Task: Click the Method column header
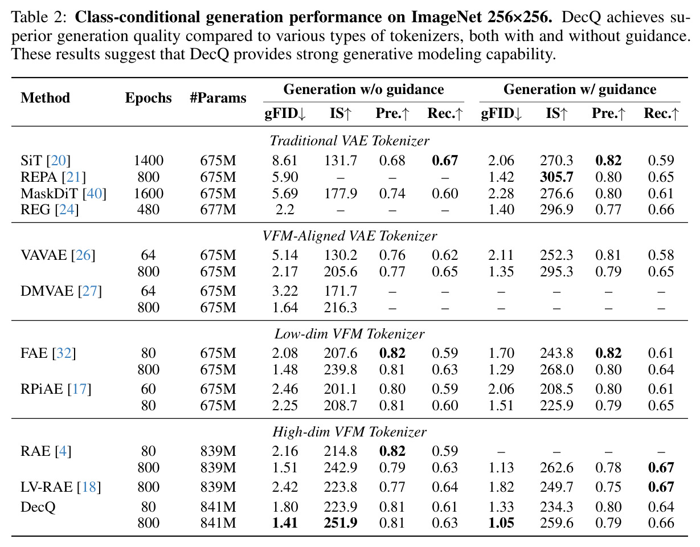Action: tap(45, 97)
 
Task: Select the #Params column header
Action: tap(218, 97)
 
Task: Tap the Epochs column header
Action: tap(148, 98)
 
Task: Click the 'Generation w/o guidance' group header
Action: tap(363, 89)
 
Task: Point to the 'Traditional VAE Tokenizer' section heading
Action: tap(350, 141)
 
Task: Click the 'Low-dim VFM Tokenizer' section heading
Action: tap(350, 334)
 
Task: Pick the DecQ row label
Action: tap(38, 507)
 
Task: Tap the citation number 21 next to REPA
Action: tap(74, 177)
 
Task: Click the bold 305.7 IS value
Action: tap(556, 177)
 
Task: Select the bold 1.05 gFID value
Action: tap(501, 522)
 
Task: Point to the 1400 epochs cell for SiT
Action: tap(149, 161)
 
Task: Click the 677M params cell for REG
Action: tap(218, 209)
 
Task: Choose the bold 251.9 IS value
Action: tap(341, 522)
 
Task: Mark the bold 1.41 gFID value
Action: tap(285, 522)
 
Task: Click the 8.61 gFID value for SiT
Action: tap(285, 161)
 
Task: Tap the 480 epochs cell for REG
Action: tap(149, 209)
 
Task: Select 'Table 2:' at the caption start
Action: tap(39, 18)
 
